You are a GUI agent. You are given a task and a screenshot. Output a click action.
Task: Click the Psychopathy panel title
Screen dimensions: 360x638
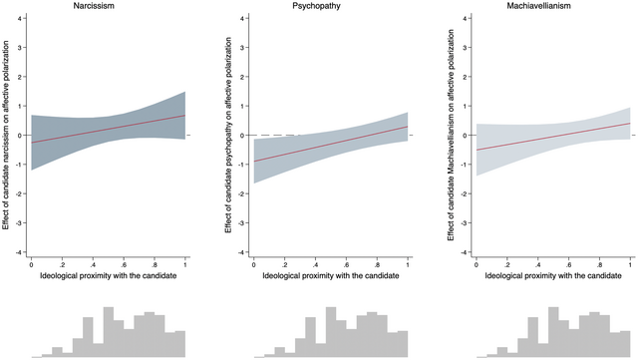[330, 7]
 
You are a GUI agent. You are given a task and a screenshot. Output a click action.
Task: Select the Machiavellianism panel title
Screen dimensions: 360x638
[552, 7]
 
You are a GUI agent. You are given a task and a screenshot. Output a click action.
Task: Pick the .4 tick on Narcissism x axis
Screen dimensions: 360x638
[94, 263]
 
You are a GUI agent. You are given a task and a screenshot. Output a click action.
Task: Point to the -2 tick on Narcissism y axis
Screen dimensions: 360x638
[21, 194]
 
